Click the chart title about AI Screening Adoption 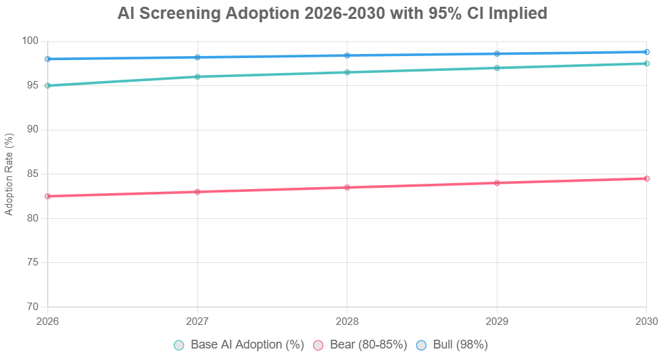point(330,13)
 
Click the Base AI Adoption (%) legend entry point(239,345)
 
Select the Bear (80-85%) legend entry point(362,345)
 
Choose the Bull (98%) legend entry point(451,345)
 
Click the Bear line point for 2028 point(347,187)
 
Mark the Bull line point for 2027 point(197,57)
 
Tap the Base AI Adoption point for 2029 point(497,68)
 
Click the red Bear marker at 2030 point(647,178)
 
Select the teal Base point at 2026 point(47,86)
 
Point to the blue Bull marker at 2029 point(497,53)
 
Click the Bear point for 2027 point(197,192)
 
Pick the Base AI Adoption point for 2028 point(347,72)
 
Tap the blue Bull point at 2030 point(647,52)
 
